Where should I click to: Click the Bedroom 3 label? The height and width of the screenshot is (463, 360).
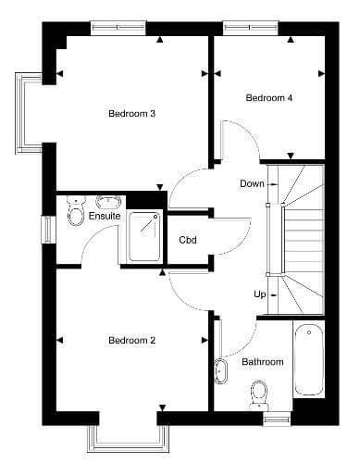click(x=131, y=114)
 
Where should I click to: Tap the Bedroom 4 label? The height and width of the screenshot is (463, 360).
click(x=268, y=98)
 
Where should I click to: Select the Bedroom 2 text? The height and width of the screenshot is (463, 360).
click(x=131, y=341)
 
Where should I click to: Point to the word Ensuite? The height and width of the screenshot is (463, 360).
click(x=105, y=216)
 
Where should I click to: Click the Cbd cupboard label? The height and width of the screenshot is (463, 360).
click(x=188, y=240)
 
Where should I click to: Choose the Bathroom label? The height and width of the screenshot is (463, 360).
click(x=263, y=362)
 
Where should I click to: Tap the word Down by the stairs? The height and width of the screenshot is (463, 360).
click(x=252, y=184)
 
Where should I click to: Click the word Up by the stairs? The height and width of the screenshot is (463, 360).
click(x=260, y=294)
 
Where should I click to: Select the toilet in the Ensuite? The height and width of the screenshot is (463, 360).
click(x=76, y=211)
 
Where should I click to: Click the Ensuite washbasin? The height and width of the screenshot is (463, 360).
click(x=108, y=202)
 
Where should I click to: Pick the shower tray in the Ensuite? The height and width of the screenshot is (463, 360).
click(x=144, y=237)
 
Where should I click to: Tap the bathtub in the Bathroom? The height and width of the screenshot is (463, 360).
click(x=309, y=359)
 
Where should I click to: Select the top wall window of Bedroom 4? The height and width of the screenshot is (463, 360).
click(x=250, y=28)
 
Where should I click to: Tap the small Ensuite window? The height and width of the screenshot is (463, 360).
click(x=48, y=230)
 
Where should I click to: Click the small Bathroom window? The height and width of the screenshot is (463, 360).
click(x=277, y=419)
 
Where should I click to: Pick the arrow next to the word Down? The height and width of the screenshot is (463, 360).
click(x=273, y=184)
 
